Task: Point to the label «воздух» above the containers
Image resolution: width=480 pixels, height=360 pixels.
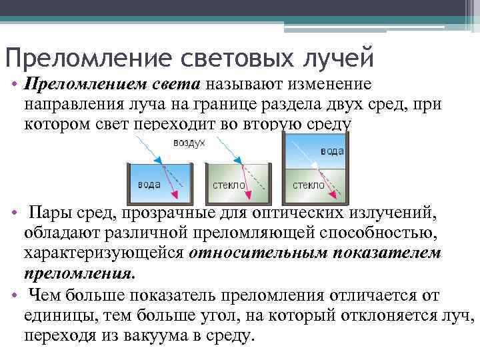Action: tap(189, 144)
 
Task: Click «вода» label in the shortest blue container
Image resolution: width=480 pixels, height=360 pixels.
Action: tap(148, 184)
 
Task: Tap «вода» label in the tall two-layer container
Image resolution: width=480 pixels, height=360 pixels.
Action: tap(331, 151)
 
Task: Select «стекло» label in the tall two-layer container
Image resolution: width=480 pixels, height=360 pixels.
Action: tap(307, 185)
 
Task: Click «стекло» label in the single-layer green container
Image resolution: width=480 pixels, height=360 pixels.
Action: tap(229, 185)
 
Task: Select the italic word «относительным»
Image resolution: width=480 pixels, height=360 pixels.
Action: tap(262, 253)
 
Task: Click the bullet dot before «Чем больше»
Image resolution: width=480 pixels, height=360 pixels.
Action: tap(15, 295)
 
